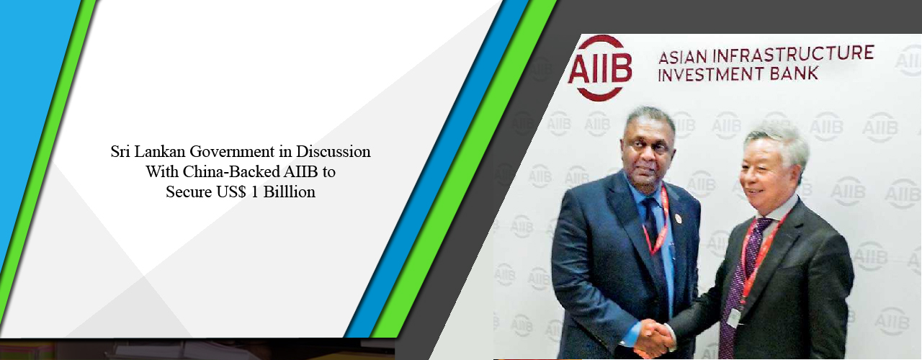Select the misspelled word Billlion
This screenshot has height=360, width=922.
pos(289,192)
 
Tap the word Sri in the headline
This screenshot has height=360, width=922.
pos(122,153)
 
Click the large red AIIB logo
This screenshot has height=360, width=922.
pos(599,67)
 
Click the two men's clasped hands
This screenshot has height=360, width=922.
pos(655,337)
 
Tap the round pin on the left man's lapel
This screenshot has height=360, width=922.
pos(676,218)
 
